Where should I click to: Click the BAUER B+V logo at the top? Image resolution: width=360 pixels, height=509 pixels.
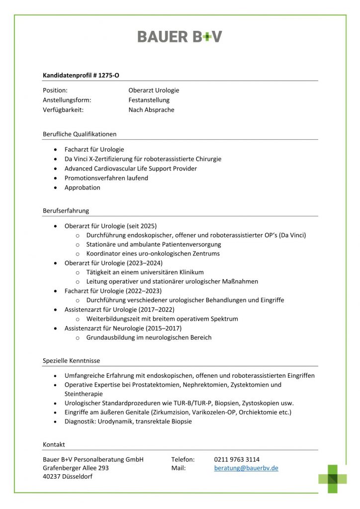[x=180, y=36]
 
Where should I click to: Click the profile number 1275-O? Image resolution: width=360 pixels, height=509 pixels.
[x=109, y=76]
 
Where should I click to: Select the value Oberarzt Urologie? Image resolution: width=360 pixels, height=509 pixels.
[x=154, y=90]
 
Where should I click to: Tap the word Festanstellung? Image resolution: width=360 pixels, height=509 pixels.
[x=149, y=100]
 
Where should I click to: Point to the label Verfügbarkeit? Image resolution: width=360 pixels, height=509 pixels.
[x=63, y=110]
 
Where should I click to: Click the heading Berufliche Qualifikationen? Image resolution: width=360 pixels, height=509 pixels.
[x=80, y=134]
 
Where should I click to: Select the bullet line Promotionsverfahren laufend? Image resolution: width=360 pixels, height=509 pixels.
[x=106, y=178]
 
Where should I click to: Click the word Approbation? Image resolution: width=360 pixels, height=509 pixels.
[x=82, y=187]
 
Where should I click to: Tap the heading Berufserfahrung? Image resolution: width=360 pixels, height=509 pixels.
[x=66, y=211]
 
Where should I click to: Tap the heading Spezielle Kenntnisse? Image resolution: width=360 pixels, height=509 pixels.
[x=71, y=360]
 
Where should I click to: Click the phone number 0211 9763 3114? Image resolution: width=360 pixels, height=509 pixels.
[x=237, y=459]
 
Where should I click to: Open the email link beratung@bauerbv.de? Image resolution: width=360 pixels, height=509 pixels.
[x=246, y=468]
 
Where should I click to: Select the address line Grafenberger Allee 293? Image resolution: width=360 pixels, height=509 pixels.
[x=76, y=468]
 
